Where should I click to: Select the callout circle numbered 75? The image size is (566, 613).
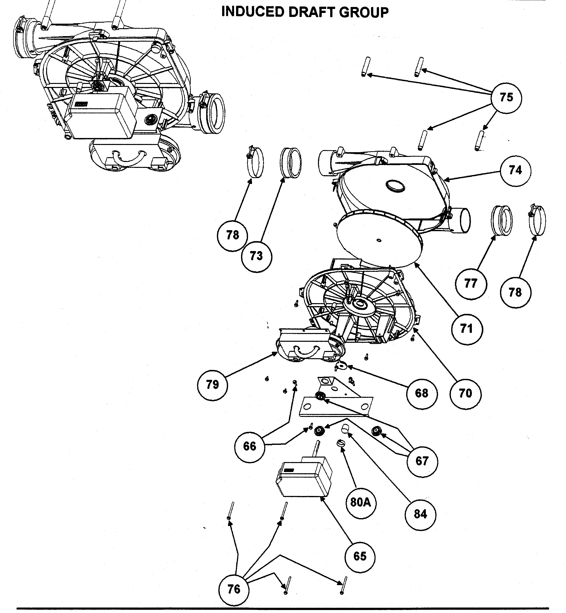tap(506, 98)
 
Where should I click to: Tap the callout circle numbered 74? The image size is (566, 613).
tap(515, 171)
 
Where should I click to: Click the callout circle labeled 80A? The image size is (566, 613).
tap(361, 503)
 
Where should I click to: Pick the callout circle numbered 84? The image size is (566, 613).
tap(420, 514)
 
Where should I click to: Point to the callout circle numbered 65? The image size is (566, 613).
tap(360, 556)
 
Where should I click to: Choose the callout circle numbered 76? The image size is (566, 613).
tap(234, 589)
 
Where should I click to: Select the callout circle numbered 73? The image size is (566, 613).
tap(256, 256)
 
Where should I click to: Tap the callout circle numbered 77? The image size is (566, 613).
tap(471, 284)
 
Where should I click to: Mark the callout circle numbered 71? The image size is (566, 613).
tap(466, 329)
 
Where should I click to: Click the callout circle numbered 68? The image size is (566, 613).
tap(422, 393)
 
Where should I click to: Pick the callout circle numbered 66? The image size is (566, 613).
tap(249, 446)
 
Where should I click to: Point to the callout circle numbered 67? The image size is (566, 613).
tap(422, 461)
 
